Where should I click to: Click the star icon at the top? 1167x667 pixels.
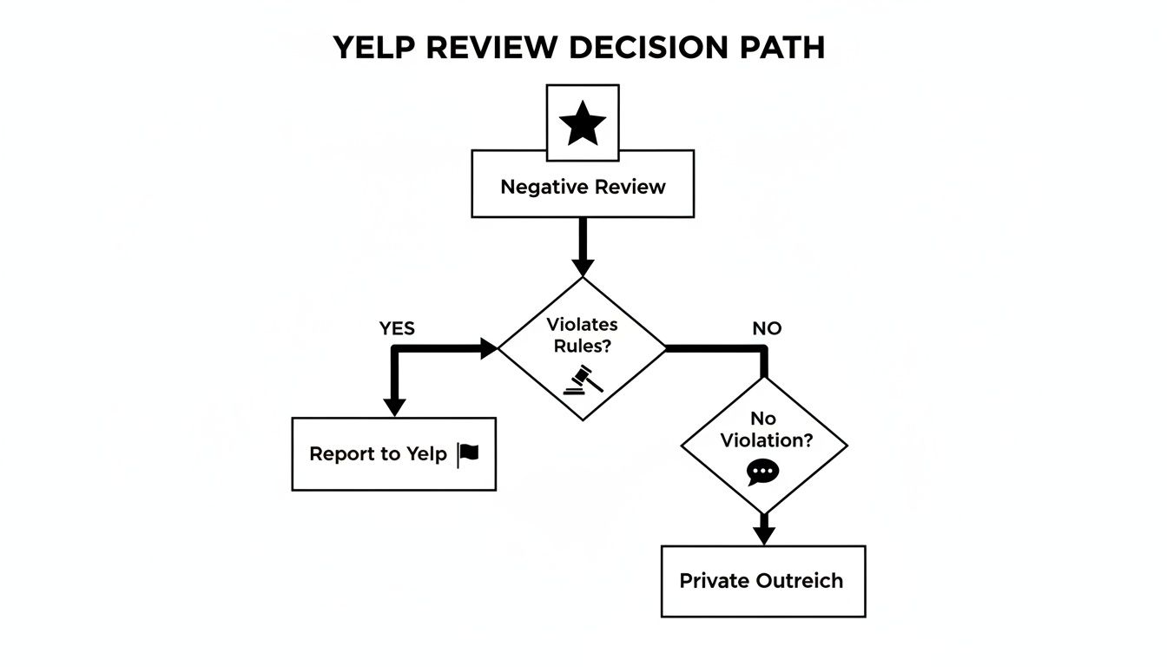(583, 124)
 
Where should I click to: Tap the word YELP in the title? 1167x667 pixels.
(374, 48)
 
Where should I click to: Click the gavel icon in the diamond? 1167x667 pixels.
(582, 380)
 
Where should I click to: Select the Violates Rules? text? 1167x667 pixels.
(582, 335)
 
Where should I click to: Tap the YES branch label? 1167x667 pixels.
(397, 328)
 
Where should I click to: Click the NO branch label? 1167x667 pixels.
(767, 328)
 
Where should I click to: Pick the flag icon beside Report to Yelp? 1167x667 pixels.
(468, 453)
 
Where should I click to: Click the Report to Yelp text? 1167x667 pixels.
(378, 453)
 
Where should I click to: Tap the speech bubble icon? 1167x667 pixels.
(762, 472)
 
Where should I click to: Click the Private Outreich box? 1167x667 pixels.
(763, 581)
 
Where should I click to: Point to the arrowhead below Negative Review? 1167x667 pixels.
(583, 266)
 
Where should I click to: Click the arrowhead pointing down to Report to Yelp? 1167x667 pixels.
(395, 406)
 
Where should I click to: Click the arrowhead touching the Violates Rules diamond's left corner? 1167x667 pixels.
(487, 348)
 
